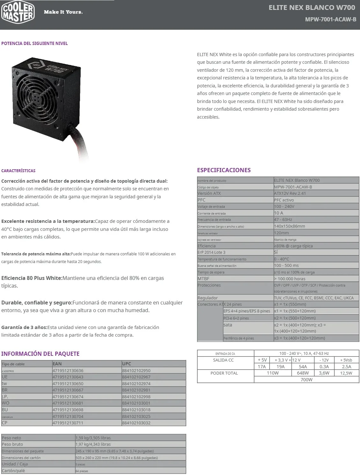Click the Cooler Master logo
coord(18,12)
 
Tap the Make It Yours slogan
coord(63,12)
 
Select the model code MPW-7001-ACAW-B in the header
coord(330,19)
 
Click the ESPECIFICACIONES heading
coord(224,170)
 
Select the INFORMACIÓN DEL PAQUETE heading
coord(40,354)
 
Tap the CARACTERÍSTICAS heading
coord(18,171)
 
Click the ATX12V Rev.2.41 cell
coord(290,193)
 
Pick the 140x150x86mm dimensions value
coord(290,226)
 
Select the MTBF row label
coord(203,279)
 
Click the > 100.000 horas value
coord(290,279)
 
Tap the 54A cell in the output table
coord(303,367)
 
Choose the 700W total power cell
coord(306,380)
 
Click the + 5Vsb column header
coord(346,360)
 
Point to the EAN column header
coord(57,364)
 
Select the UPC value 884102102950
coord(136,370)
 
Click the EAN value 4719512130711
coord(68,423)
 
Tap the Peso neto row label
coord(11,438)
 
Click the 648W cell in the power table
coord(303,373)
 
